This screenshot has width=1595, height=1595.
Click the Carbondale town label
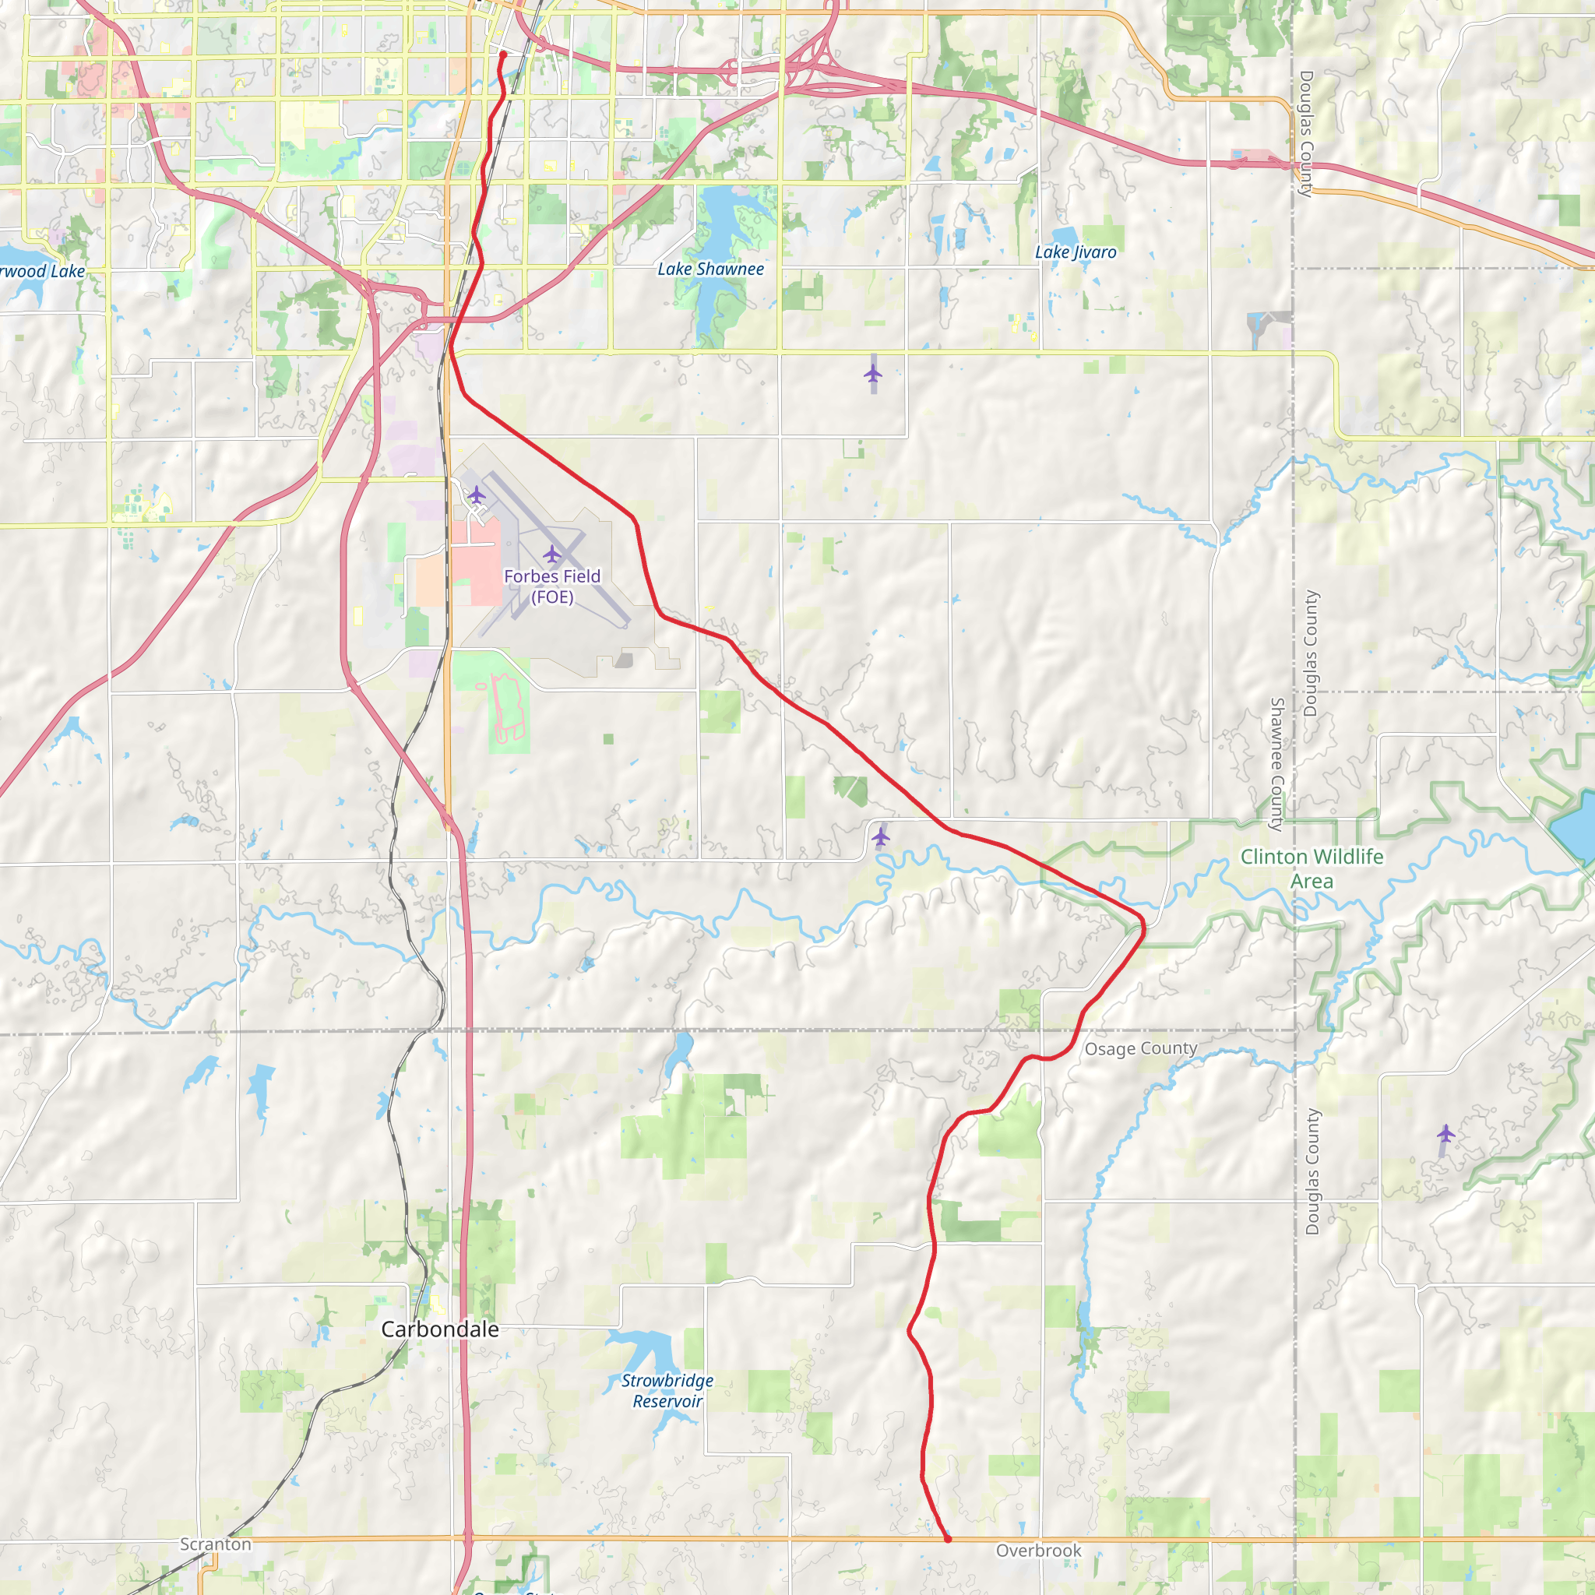(x=440, y=1329)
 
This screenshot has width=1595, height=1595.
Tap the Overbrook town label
(x=1037, y=1551)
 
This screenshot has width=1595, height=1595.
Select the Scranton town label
(x=216, y=1544)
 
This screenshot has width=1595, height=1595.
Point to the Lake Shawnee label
(x=710, y=269)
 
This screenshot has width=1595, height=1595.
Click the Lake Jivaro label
(x=1075, y=252)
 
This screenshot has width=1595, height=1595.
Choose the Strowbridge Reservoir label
(x=667, y=1390)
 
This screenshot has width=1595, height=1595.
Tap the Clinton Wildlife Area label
(x=1312, y=868)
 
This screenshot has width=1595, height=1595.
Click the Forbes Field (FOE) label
(x=551, y=586)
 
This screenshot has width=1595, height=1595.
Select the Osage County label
(x=1140, y=1048)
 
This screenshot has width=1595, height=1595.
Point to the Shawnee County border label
(x=1276, y=764)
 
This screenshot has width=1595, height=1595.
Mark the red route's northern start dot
(x=503, y=55)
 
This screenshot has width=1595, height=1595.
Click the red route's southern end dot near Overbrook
(x=948, y=1539)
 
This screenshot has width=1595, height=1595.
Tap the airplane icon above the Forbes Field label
(x=551, y=553)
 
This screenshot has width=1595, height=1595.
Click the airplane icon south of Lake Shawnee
(x=872, y=374)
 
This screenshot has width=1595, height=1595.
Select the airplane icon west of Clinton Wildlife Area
(x=881, y=836)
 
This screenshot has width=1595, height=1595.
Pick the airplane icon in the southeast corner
(x=1445, y=1133)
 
